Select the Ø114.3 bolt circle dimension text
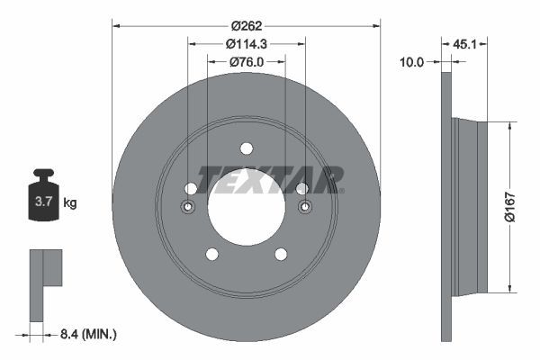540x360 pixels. (246, 43)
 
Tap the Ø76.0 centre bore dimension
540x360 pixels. (246, 62)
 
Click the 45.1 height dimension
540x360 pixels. (464, 42)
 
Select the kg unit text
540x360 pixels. (70, 202)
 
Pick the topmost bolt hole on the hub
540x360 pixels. (246, 148)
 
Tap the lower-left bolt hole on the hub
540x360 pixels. (211, 254)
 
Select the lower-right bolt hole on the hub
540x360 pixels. (281, 254)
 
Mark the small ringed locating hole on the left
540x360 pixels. (188, 208)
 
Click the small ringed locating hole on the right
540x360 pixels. (304, 208)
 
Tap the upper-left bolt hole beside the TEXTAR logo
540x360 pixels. (191, 188)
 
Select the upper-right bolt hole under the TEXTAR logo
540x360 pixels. (301, 188)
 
